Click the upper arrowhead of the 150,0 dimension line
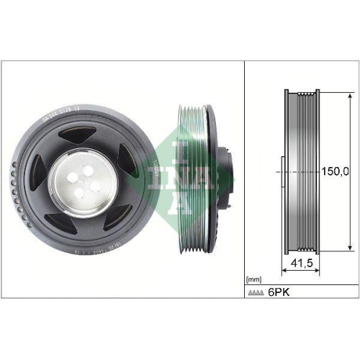351,94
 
